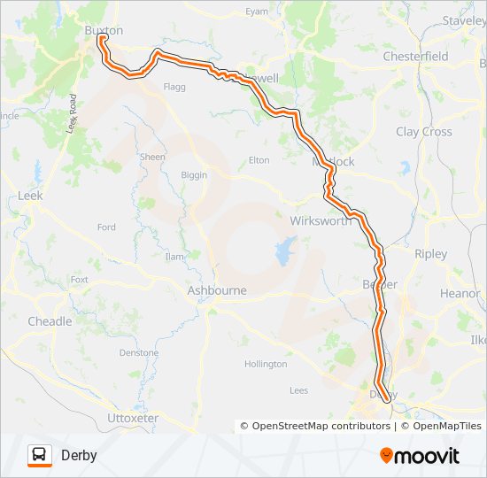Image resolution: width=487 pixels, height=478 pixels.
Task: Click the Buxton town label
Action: pyautogui.click(x=103, y=29)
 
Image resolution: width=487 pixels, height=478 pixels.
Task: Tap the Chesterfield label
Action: pyautogui.click(x=415, y=56)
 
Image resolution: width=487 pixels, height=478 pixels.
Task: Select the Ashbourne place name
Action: pyautogui.click(x=217, y=289)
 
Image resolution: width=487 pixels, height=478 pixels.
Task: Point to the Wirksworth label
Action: pyautogui.click(x=320, y=220)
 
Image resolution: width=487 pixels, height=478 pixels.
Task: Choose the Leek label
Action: pyautogui.click(x=30, y=195)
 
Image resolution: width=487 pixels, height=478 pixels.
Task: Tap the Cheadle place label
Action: pyautogui.click(x=50, y=321)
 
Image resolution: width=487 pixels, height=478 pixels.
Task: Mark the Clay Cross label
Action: pyautogui.click(x=423, y=132)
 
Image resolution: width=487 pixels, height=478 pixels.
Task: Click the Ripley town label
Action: pyautogui.click(x=430, y=254)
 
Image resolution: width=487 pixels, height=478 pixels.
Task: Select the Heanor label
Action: pyautogui.click(x=460, y=293)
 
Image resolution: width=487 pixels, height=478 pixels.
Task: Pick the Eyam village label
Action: pyautogui.click(x=256, y=12)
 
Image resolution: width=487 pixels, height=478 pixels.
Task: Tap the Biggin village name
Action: pyautogui.click(x=194, y=175)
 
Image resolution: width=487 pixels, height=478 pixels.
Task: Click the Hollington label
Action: pyautogui.click(x=266, y=364)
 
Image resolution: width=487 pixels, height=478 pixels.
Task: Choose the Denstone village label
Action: pyautogui.click(x=139, y=352)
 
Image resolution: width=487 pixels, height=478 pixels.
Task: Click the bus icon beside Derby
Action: pyautogui.click(x=40, y=455)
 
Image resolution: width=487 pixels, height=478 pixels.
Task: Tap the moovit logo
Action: pyautogui.click(x=420, y=455)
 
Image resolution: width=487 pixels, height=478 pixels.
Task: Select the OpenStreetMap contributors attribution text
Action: pyautogui.click(x=315, y=426)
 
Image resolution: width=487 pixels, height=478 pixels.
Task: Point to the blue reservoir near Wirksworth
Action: pyautogui.click(x=285, y=252)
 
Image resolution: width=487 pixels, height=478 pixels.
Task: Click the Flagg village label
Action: pyautogui.click(x=174, y=87)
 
